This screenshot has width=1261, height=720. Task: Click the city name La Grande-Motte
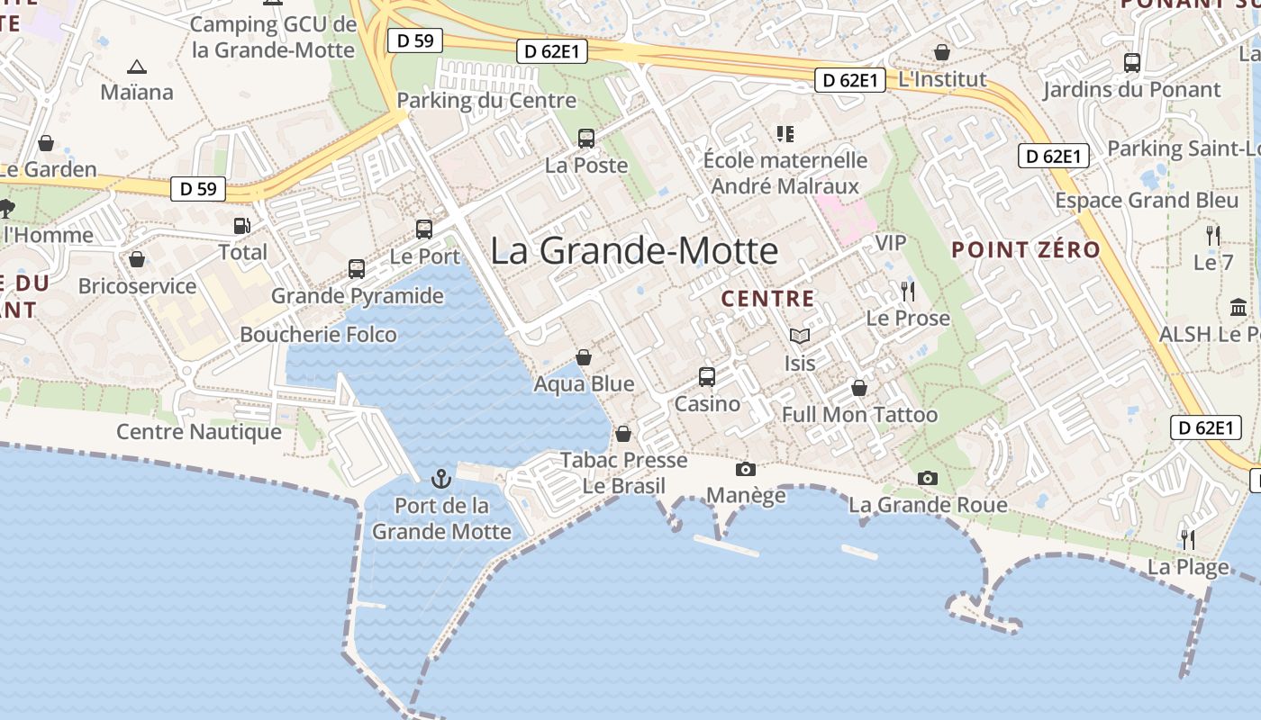[634, 250]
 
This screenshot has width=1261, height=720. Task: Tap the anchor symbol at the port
[441, 478]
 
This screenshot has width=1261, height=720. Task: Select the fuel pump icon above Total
[241, 226]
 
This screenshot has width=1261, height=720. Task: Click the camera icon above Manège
[746, 469]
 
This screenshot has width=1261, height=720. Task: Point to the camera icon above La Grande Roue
[928, 478]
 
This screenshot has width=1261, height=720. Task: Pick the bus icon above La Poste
[586, 139]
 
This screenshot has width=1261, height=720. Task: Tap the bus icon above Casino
[707, 377]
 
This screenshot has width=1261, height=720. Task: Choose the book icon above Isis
[799, 337]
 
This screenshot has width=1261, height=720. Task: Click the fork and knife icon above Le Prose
[908, 292]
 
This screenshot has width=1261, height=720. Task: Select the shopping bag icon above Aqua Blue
[584, 357]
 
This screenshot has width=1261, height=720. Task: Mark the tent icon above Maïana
[137, 67]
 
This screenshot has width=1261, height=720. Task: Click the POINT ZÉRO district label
[1026, 249]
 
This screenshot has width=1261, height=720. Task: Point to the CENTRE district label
[768, 299]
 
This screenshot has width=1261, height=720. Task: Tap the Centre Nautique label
[199, 432]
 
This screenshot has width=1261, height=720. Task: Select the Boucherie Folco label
[318, 335]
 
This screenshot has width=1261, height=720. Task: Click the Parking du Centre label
[486, 100]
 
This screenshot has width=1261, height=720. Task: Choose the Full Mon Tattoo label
[859, 415]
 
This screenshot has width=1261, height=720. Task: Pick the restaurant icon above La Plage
[1188, 539]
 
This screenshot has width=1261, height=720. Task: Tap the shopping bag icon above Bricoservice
[137, 260]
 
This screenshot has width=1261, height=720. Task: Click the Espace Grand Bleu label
[1147, 200]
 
